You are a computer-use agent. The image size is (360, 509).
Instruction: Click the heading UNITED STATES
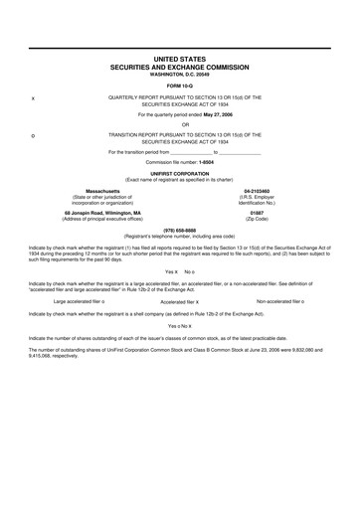coord(179,60)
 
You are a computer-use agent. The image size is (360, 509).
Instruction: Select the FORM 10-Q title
coord(179,85)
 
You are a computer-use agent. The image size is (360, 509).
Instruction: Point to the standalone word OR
coord(179,125)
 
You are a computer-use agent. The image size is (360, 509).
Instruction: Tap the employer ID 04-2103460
coord(257,189)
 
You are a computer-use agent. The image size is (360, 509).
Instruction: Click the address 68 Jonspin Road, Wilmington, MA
coord(102,213)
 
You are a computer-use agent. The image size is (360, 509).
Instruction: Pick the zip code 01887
coord(257,213)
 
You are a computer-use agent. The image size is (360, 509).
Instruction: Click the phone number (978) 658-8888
coord(179,228)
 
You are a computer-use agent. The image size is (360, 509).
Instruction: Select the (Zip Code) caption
coord(257,219)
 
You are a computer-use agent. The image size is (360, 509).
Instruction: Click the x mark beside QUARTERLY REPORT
coord(35,97)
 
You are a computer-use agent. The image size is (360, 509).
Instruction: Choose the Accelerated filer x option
coord(179,301)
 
